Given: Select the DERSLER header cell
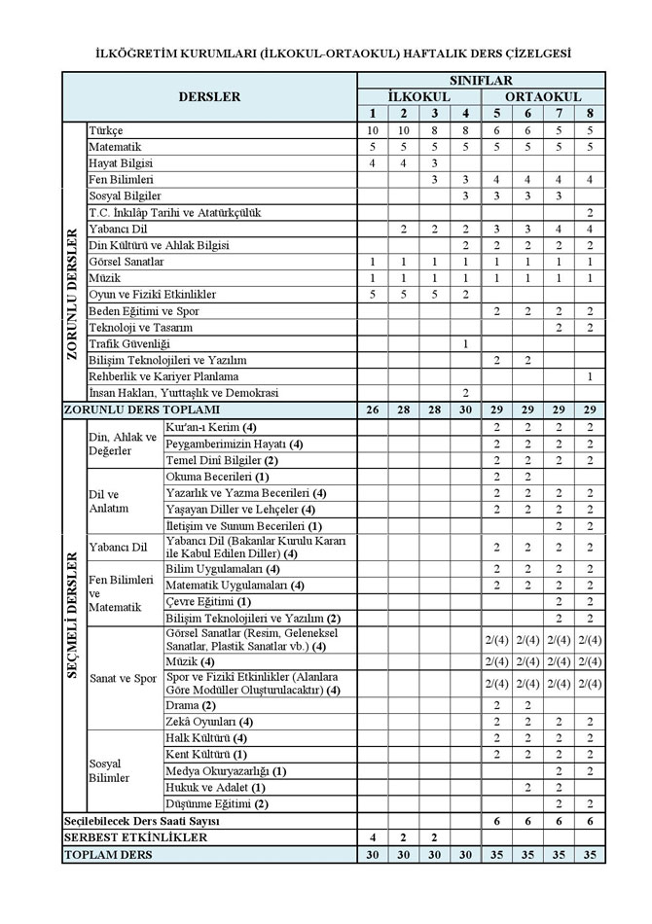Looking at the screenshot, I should coord(209,97).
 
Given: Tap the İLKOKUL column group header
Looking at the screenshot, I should coord(418,97).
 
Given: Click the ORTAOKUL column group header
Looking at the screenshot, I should coord(543,97).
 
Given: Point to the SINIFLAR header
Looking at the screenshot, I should coord(481,81).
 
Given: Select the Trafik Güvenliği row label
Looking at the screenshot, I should coord(127,343).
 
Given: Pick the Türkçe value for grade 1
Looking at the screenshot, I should coord(372,130).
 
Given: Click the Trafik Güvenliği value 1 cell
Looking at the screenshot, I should coord(466,343).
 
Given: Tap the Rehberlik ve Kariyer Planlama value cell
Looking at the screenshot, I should coord(590,376).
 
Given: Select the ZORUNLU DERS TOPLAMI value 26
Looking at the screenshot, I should coord(372,409).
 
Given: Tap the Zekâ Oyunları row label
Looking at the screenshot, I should coord(210,721).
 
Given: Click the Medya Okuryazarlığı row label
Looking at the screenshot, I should coord(226,770).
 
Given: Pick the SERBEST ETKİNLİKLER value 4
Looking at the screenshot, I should coord(372,837).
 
